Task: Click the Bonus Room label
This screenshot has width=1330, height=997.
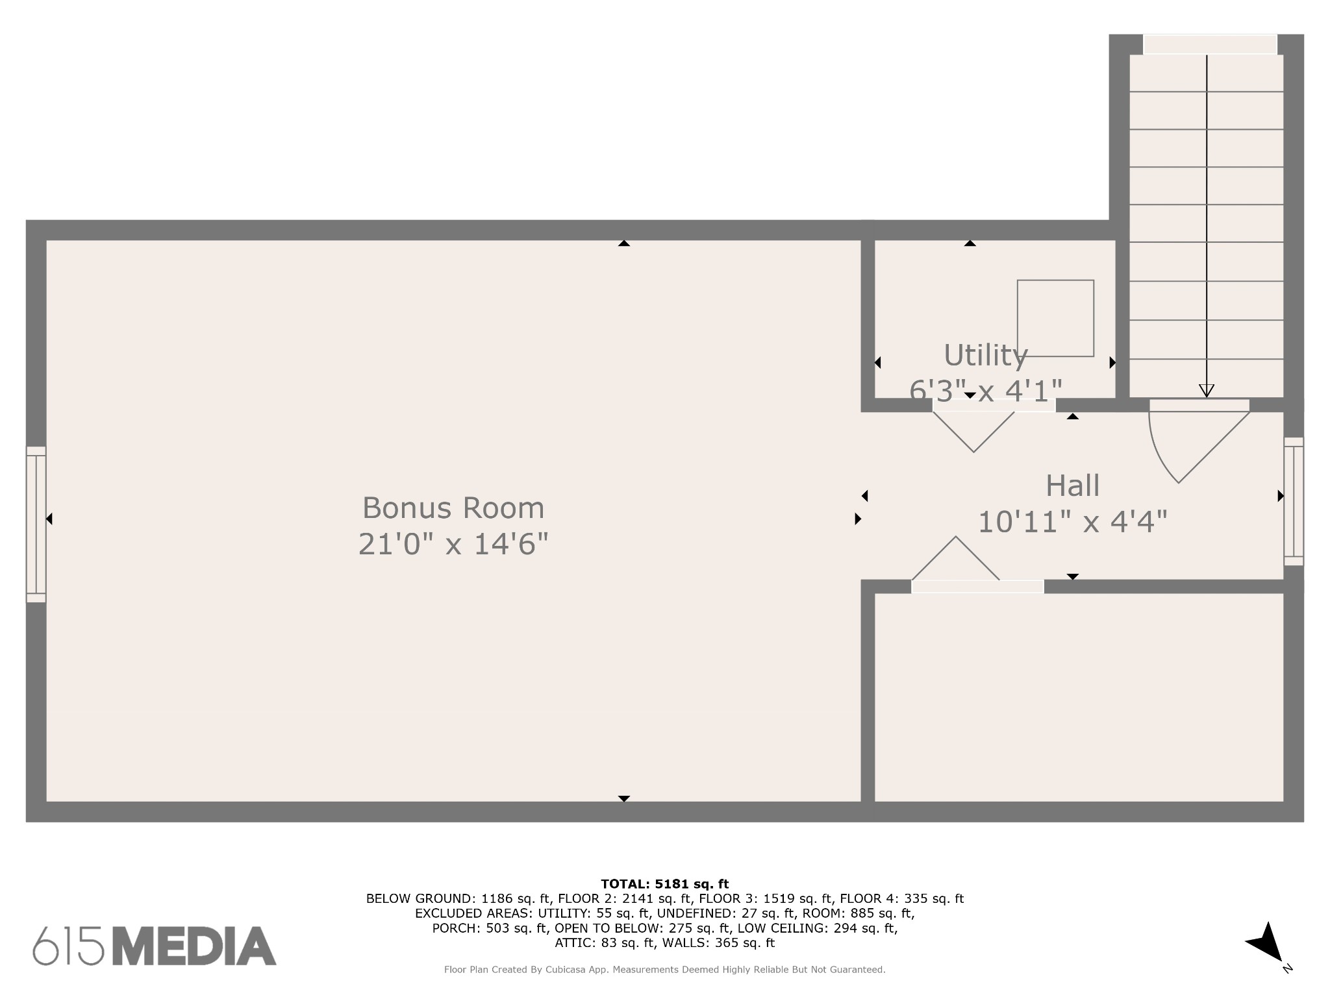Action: click(x=453, y=508)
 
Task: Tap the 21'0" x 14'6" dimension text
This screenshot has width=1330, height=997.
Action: click(x=453, y=544)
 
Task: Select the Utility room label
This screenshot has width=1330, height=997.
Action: click(x=985, y=356)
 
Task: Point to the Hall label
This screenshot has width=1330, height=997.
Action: click(x=1072, y=486)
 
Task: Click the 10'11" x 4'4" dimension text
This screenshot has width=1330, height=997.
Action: click(x=1072, y=521)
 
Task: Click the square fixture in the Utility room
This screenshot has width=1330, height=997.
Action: click(x=1055, y=318)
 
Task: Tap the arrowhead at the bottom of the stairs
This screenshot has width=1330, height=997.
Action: click(x=1207, y=391)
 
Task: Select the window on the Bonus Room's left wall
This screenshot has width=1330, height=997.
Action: click(x=36, y=524)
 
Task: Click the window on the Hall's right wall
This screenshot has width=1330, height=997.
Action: click(x=1293, y=501)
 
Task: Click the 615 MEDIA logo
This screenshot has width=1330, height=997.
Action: click(x=155, y=946)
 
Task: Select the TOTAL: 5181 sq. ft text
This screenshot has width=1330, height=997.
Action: click(x=665, y=884)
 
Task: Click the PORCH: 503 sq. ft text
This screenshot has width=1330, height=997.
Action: click(x=492, y=928)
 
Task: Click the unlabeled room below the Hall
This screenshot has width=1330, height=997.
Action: click(x=1079, y=697)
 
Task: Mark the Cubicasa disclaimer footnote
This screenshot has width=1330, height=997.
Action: click(x=665, y=970)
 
